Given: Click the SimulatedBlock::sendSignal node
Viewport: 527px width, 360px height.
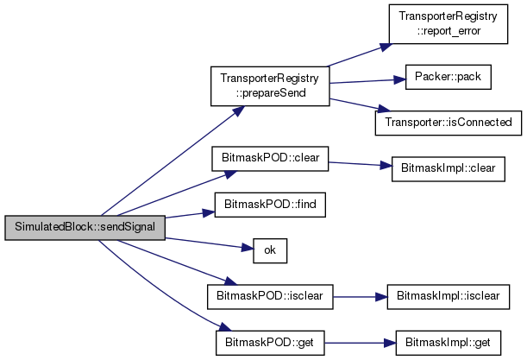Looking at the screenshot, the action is coord(85,228).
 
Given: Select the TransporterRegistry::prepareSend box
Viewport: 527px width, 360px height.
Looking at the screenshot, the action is coord(270,86).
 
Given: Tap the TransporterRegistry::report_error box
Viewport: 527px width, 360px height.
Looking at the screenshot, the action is coord(448,24).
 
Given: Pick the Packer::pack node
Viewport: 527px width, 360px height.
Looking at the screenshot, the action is coord(448,77).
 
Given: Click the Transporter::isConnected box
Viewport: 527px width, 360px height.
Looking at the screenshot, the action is coord(449,123).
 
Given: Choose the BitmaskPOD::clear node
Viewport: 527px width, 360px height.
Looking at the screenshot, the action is coord(270,159).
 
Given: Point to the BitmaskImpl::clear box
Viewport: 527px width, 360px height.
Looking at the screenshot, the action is coord(448,169).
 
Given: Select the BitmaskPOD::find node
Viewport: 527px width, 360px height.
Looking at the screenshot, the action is coord(270,205).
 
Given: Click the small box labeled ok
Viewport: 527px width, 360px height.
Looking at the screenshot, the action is coord(270,250).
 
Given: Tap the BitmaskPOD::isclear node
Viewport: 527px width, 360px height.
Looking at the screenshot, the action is coord(270,297).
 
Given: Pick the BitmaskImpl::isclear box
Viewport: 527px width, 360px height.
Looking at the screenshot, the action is coord(448,297).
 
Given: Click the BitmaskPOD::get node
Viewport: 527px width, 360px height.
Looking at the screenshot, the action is coord(270,343).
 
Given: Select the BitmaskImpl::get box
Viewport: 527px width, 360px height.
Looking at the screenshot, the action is coord(448,343).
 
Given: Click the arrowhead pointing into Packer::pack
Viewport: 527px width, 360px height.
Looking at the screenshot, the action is coord(399,79).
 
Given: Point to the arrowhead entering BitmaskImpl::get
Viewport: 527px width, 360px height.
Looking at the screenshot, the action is coord(390,344).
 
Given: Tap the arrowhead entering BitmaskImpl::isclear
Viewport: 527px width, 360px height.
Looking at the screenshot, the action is coord(381,297).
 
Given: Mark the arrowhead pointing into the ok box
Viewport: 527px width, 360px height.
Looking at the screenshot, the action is coord(248,249).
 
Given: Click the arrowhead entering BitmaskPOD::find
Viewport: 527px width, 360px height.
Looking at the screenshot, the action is coord(209,213).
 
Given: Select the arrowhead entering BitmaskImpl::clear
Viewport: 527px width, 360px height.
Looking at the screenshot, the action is coord(386,165).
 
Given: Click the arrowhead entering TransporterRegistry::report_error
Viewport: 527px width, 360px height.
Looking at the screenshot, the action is coord(386,47).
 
